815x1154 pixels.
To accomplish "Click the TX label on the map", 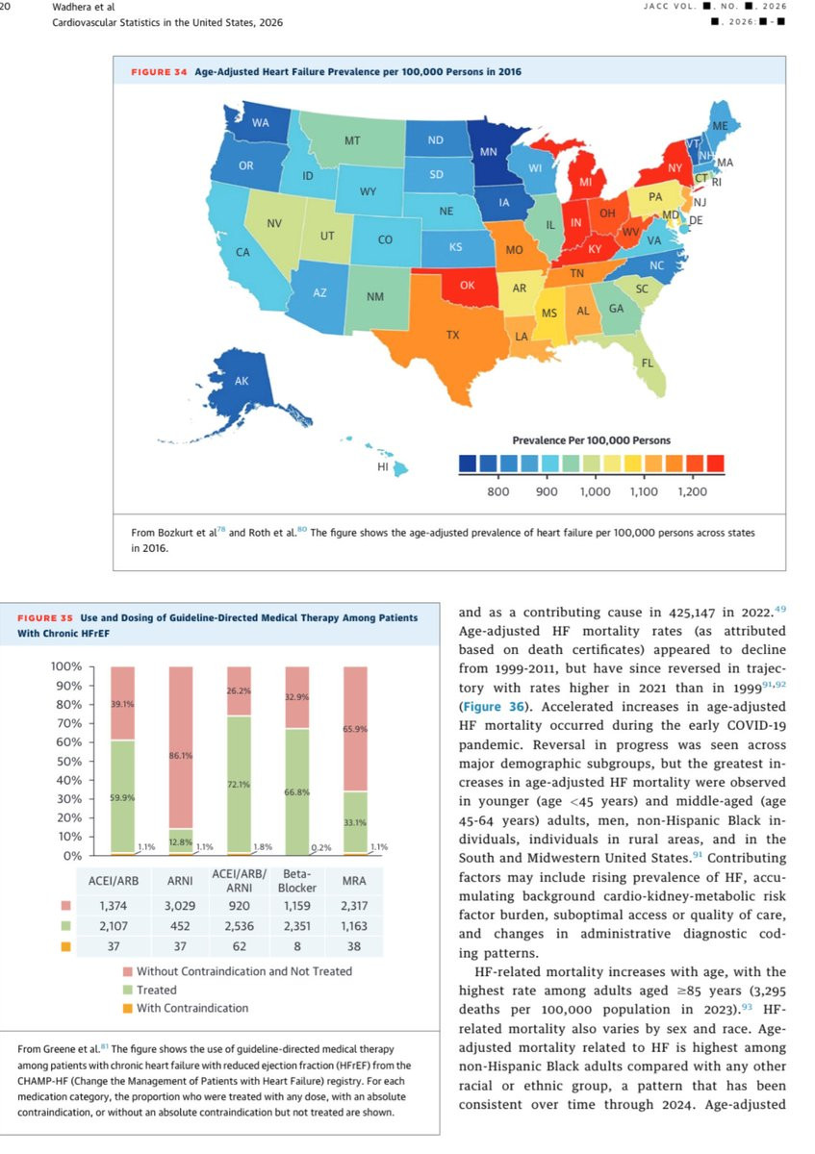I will [x=452, y=335].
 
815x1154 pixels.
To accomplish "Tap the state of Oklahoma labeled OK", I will [x=467, y=285].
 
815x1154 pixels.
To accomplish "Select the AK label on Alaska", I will [x=242, y=381].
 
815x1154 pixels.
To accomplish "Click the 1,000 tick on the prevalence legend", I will [x=595, y=491].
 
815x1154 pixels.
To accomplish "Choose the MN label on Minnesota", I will [x=488, y=152].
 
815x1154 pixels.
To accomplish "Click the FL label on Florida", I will [x=648, y=363].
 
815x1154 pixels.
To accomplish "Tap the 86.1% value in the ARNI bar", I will [x=182, y=756].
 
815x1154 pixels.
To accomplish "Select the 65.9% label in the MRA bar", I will [x=355, y=729].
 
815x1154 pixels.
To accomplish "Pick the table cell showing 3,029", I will [x=182, y=906].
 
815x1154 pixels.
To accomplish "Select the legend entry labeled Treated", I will [x=156, y=990].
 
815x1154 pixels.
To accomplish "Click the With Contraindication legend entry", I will [x=191, y=1008].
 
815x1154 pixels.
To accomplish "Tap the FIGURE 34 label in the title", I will [x=158, y=72].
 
